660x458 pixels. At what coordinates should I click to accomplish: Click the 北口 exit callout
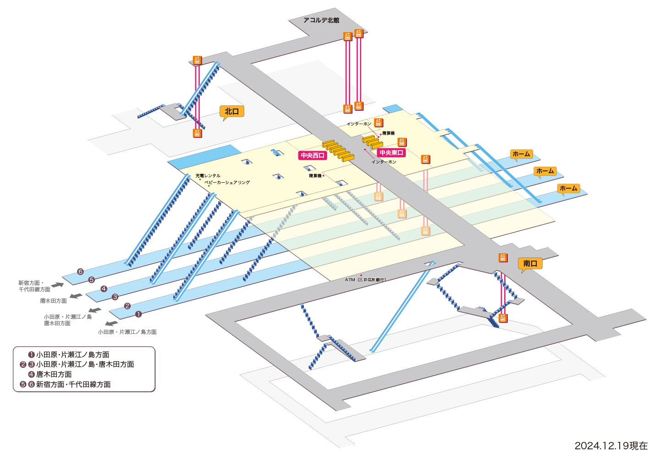(x=231, y=112)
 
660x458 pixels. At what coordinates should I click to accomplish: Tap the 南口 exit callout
(x=530, y=263)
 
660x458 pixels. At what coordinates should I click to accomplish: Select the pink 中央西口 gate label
(x=312, y=155)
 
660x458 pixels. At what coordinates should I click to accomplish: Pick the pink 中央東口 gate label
(x=391, y=153)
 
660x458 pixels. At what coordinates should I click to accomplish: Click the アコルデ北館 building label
(x=321, y=20)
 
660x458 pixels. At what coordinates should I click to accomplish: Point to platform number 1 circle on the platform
(x=138, y=314)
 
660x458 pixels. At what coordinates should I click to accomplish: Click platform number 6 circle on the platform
(x=81, y=272)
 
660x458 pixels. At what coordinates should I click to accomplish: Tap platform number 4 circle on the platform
(x=104, y=289)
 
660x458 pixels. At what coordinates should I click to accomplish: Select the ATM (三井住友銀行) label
(x=365, y=280)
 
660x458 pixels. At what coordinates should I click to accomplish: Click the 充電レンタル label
(x=208, y=176)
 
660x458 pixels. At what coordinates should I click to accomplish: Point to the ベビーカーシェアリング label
(x=227, y=182)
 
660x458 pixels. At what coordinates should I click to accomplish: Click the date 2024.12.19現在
(x=611, y=446)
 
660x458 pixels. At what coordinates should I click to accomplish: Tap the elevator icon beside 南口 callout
(x=503, y=257)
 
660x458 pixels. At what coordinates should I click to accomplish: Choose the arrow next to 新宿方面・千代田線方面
(x=57, y=285)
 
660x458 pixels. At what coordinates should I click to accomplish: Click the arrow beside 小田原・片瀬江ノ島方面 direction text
(x=112, y=323)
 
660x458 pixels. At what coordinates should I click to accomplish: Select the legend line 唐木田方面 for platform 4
(x=50, y=374)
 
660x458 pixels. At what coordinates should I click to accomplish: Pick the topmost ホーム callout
(x=522, y=154)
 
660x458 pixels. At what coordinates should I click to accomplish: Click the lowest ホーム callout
(x=569, y=189)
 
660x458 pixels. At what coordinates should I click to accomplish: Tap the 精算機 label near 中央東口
(x=388, y=133)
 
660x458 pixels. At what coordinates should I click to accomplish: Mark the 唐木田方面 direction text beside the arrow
(x=53, y=301)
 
